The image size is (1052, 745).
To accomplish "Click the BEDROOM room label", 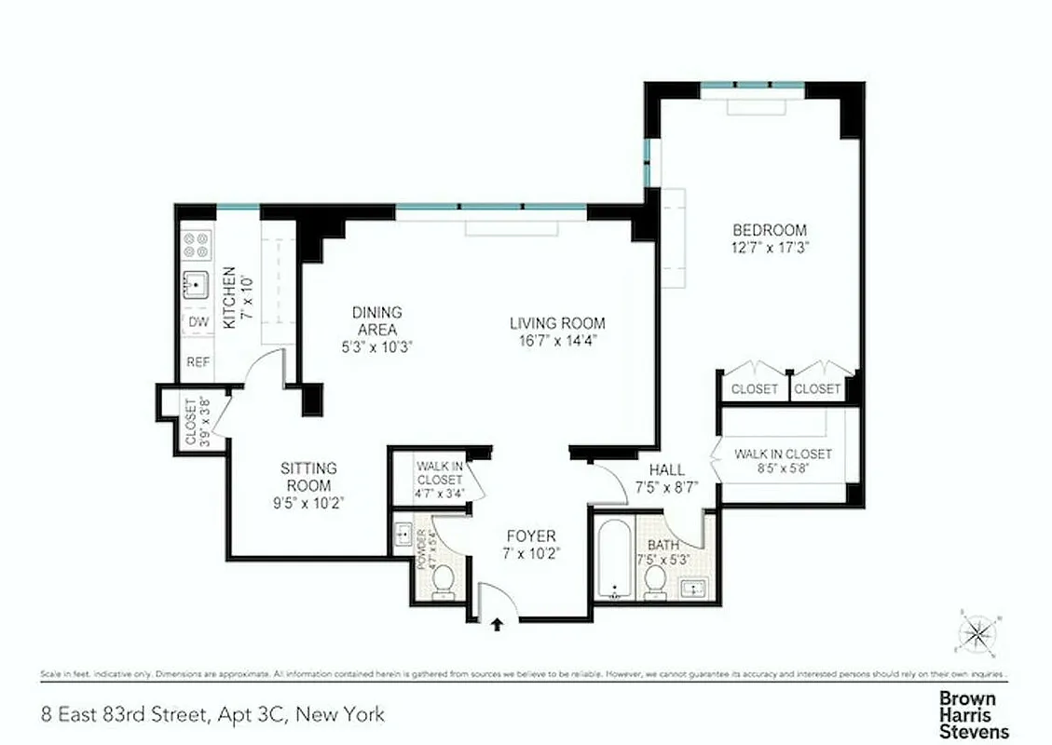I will [x=769, y=230].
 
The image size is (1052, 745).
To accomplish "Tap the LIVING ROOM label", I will [x=557, y=323].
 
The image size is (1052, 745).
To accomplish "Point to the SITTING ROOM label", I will [x=308, y=468].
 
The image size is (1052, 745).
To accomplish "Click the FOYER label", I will [x=531, y=536].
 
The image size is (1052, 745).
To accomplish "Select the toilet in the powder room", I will [x=443, y=580].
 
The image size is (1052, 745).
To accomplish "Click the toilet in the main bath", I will [x=655, y=581].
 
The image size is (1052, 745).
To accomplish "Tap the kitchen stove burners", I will [x=197, y=245].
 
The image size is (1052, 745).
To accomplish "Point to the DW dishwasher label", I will [x=198, y=322].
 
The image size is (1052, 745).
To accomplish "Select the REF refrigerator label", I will [x=198, y=362].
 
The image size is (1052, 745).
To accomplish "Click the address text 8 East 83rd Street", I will [x=213, y=715].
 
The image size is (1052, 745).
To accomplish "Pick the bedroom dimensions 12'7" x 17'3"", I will [x=769, y=248].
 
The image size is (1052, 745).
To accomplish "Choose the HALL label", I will [x=667, y=469].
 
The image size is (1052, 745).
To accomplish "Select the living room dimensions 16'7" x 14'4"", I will [x=557, y=340].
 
